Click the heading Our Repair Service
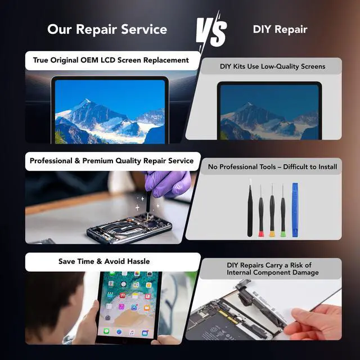(x=107, y=29)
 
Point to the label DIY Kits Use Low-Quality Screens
(x=272, y=66)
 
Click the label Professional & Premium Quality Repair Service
(x=111, y=161)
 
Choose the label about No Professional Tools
(x=273, y=166)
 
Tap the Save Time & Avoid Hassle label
(x=104, y=261)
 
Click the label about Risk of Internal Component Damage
(x=273, y=269)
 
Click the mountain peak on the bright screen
(x=85, y=103)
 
